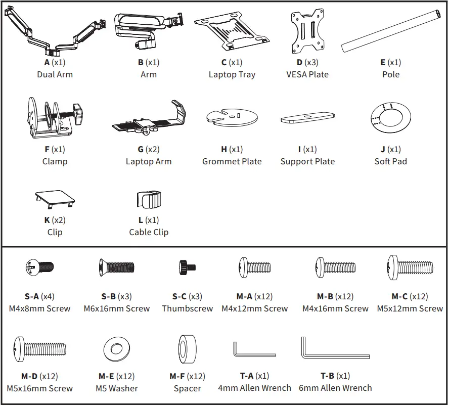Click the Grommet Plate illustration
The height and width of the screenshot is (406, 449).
232,117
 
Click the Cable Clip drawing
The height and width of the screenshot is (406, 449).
148,200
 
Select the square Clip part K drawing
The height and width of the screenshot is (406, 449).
55,199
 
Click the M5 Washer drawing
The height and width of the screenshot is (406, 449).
117,349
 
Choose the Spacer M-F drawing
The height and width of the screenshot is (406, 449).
187,349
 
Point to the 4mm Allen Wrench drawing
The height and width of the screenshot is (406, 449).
253,350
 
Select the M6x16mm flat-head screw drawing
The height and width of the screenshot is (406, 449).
116,267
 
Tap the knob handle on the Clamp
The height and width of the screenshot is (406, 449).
78,110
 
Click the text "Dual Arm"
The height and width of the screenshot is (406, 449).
55,74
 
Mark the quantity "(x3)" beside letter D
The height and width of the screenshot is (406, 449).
311,62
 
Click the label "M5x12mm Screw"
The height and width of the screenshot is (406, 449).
410,308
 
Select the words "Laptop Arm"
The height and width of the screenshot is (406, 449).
148,161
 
